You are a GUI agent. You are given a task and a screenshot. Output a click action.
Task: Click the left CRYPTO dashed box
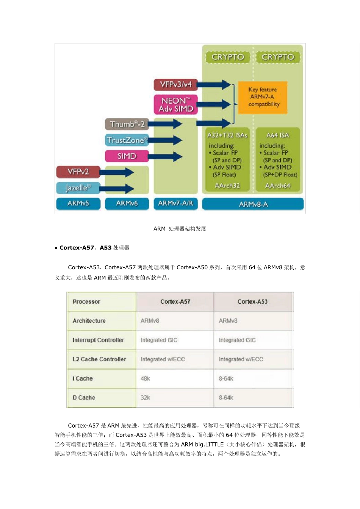(x=228, y=57)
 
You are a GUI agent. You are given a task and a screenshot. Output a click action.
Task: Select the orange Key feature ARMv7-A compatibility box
(x=263, y=97)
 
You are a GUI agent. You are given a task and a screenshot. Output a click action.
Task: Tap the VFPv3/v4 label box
(x=176, y=84)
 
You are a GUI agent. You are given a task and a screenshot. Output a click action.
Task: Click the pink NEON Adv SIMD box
(x=176, y=105)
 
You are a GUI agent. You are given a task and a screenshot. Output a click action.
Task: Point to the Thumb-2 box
(x=127, y=124)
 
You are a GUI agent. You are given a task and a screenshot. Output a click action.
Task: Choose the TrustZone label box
(x=127, y=140)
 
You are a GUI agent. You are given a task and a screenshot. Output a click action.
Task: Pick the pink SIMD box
(x=127, y=156)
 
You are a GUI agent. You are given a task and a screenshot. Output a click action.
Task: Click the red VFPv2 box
(x=78, y=172)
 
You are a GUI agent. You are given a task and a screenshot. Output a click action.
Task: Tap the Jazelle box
(x=78, y=187)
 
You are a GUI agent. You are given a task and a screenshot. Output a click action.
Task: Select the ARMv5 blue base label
(x=78, y=203)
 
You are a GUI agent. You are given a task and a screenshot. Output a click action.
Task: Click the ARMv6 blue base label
(x=127, y=203)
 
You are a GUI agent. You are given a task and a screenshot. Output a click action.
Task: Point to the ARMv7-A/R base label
(x=175, y=203)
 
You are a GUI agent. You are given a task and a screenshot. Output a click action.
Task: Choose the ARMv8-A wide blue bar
(x=253, y=204)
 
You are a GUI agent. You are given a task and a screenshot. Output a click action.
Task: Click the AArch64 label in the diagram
(x=277, y=186)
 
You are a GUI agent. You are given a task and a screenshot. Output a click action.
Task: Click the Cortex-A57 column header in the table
(x=175, y=302)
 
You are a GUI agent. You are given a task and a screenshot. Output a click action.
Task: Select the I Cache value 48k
(x=146, y=378)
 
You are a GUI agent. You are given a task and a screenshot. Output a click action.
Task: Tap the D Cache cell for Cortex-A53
(x=226, y=398)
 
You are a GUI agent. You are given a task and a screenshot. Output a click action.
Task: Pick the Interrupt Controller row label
(x=98, y=340)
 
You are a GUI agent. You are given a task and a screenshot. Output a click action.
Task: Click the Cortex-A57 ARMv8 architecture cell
(x=150, y=321)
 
